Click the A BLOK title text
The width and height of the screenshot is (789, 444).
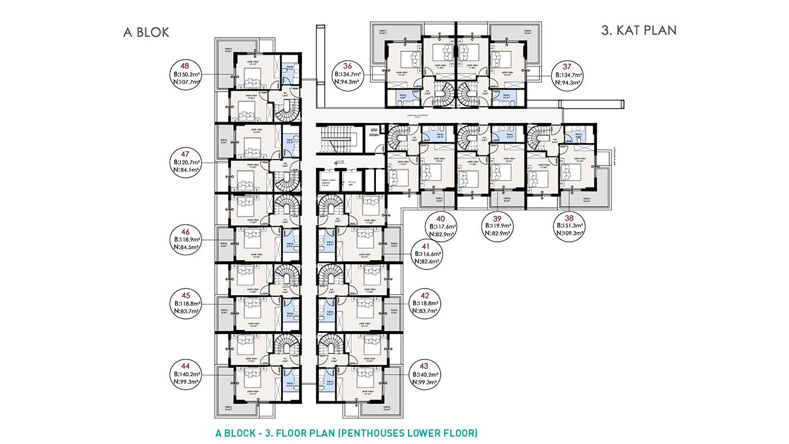pyautogui.click(x=146, y=32)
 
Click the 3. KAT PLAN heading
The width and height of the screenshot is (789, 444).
pyautogui.click(x=639, y=30)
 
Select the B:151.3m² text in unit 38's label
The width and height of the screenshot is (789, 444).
pyautogui.click(x=570, y=225)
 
